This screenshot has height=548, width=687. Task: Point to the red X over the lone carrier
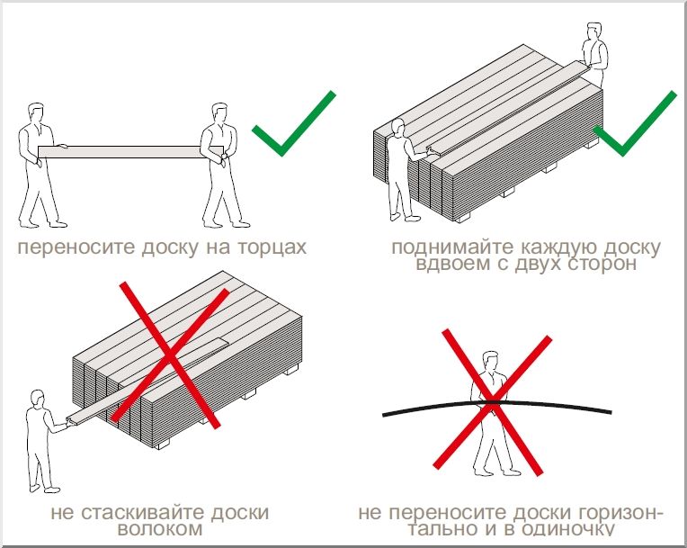tap(492, 400)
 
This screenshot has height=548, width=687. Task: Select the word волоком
tap(159, 530)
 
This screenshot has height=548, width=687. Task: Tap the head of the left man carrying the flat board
tap(35, 112)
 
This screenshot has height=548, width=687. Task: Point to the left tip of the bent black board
tap(385, 414)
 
